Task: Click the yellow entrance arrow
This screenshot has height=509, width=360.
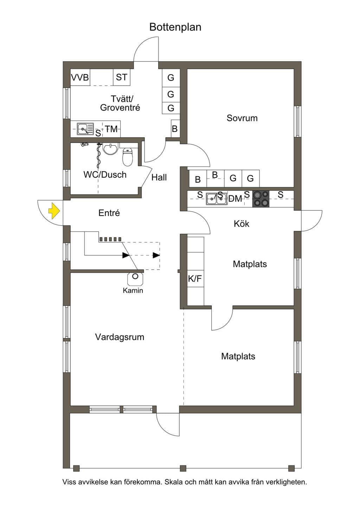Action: pyautogui.click(x=54, y=211)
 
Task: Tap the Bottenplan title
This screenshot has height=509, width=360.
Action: pyautogui.click(x=175, y=27)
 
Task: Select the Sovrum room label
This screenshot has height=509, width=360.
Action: pyautogui.click(x=242, y=118)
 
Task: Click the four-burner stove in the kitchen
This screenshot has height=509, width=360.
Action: pyautogui.click(x=261, y=199)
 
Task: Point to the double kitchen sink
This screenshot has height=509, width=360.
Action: pyautogui.click(x=217, y=199)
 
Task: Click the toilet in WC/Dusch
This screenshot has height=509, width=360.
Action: pyautogui.click(x=128, y=157)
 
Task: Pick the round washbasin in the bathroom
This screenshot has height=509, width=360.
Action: pyautogui.click(x=110, y=149)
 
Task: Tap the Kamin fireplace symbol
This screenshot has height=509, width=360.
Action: pyautogui.click(x=135, y=279)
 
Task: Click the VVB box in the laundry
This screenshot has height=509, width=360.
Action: pyautogui.click(x=80, y=77)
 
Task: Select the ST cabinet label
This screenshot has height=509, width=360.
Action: pyautogui.click(x=122, y=77)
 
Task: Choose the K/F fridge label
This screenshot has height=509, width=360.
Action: pyautogui.click(x=195, y=278)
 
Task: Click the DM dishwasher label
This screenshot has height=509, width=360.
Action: pyautogui.click(x=235, y=199)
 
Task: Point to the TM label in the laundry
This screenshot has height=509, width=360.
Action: pyautogui.click(x=111, y=129)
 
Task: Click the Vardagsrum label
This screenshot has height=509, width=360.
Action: pyautogui.click(x=120, y=337)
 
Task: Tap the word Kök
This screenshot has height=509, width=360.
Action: pyautogui.click(x=242, y=224)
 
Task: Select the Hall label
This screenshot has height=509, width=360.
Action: pyautogui.click(x=159, y=177)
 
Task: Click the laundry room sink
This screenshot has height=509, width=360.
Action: pyautogui.click(x=85, y=129)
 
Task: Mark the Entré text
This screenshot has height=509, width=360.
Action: pyautogui.click(x=109, y=213)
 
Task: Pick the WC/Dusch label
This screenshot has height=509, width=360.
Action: pyautogui.click(x=105, y=175)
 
